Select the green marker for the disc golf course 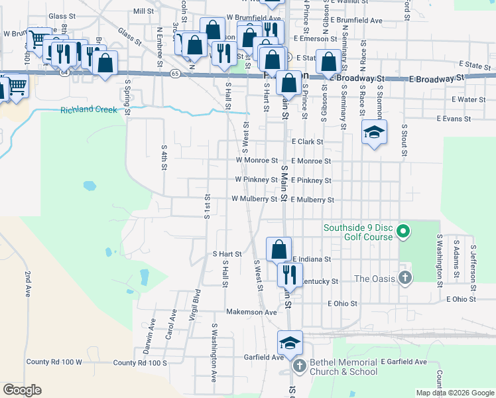point(403,232)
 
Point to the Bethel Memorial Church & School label point(345,367)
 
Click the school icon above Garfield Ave point(290,342)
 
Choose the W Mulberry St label point(254,199)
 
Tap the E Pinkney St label point(310,180)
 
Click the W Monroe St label point(257,161)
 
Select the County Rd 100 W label point(54,362)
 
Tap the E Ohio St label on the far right point(461,299)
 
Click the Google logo point(22,390)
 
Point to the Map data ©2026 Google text point(454,393)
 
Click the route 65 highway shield point(174,72)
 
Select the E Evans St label point(454,119)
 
